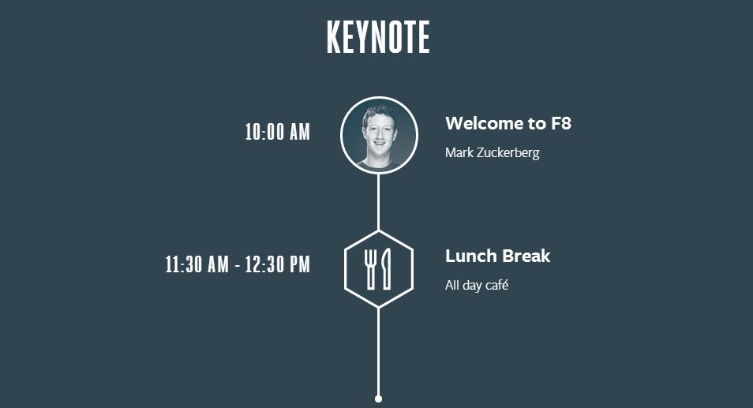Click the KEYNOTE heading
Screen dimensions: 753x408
(378, 37)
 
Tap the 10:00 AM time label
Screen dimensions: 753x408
(278, 132)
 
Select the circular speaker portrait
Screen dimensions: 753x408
(379, 136)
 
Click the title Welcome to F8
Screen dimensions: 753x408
(508, 123)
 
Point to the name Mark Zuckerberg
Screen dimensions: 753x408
(493, 152)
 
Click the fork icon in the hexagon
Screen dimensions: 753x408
(370, 269)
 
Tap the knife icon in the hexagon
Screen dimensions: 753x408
(386, 269)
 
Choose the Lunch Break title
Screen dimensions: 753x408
(497, 256)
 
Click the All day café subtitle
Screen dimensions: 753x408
(477, 285)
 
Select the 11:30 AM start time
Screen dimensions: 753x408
(197, 264)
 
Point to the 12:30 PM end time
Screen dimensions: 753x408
(278, 264)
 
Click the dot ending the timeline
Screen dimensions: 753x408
(378, 399)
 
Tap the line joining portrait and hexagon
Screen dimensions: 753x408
(378, 202)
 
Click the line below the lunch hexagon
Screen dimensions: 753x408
(378, 351)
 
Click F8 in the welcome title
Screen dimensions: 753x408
(560, 123)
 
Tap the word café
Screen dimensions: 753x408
(496, 285)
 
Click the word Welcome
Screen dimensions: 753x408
(484, 123)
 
